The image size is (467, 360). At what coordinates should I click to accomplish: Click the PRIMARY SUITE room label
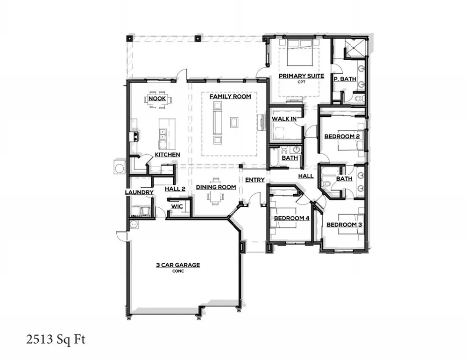coord(299,76)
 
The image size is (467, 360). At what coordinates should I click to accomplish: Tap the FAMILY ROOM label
coord(230,97)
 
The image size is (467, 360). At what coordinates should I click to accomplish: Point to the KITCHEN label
coord(167,155)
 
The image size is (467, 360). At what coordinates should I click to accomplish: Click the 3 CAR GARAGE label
coord(177,265)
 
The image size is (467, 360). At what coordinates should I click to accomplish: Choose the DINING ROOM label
coord(215,187)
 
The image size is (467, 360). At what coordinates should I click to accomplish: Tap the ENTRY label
coord(255,180)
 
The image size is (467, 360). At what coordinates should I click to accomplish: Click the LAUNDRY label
coord(139,192)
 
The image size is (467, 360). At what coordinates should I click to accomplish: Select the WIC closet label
coord(177,206)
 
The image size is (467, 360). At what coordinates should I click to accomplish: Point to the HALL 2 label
coord(175,189)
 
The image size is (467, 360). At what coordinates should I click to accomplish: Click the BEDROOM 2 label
coord(342,136)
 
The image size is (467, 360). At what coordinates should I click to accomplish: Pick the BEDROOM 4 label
coord(291,218)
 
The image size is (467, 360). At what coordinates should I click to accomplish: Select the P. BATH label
coord(345,79)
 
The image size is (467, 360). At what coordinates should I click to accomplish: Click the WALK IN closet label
coord(284,119)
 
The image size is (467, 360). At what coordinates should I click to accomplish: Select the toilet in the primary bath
coord(359,99)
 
